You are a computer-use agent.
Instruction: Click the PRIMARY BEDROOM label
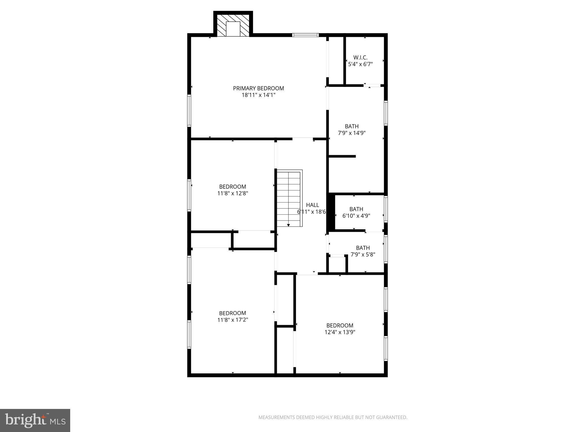(258, 88)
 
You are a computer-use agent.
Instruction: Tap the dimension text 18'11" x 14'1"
(258, 95)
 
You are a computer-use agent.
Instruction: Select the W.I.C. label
(360, 57)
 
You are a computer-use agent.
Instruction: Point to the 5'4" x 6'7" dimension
(360, 64)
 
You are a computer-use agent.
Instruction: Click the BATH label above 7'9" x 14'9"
(352, 126)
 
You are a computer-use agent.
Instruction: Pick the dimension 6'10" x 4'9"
(356, 216)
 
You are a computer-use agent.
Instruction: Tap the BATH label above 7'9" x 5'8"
(363, 248)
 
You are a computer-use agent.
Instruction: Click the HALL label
(312, 205)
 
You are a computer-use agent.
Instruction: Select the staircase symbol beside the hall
(289, 198)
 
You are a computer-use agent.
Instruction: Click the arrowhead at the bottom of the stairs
(288, 225)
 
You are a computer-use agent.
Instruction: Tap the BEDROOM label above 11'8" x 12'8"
(232, 187)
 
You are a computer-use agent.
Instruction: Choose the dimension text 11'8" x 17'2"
(232, 320)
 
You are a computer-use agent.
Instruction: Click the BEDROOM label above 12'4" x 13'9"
(340, 325)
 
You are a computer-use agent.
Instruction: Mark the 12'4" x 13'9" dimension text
(340, 332)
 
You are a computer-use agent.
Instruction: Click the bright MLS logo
(35, 420)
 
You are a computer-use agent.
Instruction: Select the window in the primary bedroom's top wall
(305, 35)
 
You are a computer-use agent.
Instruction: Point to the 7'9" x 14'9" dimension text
(352, 133)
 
